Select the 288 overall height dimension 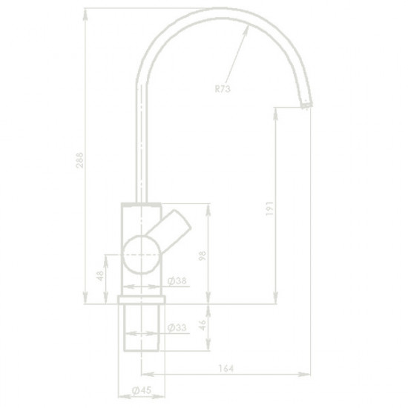point(81,164)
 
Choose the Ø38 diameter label point(176,280)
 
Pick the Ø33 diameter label point(176,327)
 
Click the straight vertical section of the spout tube point(139,148)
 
